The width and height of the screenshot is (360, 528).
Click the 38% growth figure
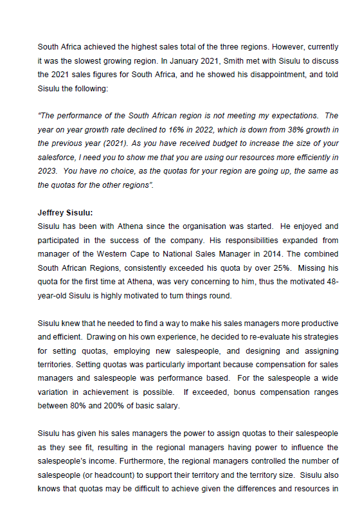tap(293, 130)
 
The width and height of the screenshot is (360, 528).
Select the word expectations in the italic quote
tap(291, 116)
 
